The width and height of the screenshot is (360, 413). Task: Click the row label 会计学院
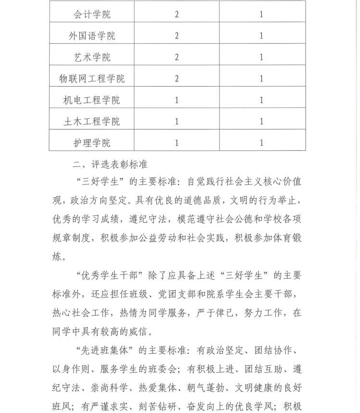pyautogui.click(x=92, y=14)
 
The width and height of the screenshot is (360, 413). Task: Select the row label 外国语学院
pyautogui.click(x=92, y=36)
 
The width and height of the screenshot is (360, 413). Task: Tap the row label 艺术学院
pyautogui.click(x=92, y=57)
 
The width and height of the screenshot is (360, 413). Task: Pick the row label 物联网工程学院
pyautogui.click(x=92, y=78)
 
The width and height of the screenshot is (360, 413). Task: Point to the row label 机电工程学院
pyautogui.click(x=92, y=100)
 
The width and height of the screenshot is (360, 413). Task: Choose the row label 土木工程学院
pyautogui.click(x=92, y=121)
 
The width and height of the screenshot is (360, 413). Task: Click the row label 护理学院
pyautogui.click(x=92, y=143)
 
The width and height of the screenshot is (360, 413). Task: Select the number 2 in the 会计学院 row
pyautogui.click(x=177, y=14)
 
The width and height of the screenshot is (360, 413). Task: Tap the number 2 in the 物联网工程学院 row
pyautogui.click(x=177, y=78)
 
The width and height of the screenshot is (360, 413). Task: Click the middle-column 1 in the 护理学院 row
pyautogui.click(x=177, y=143)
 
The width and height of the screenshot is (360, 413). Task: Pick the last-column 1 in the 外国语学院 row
pyautogui.click(x=261, y=36)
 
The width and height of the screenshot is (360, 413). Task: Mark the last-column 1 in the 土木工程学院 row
pyautogui.click(x=261, y=121)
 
